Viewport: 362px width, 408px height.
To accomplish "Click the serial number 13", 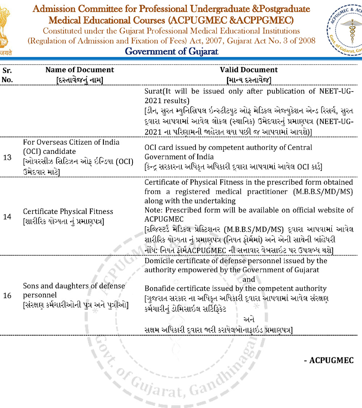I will [7, 157].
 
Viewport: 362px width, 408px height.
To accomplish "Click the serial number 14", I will [7, 216].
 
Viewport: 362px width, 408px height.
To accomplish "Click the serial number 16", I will [7, 295].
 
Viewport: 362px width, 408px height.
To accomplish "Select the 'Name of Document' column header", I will [80, 70].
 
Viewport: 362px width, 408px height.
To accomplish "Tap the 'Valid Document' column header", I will [249, 70].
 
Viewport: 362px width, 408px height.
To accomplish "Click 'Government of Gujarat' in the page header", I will [171, 51].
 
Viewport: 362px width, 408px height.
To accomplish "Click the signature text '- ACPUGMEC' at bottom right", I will [328, 360].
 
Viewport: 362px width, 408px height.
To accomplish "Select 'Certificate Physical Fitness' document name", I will [68, 211].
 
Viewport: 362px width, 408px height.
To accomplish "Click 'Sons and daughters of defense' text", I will [74, 286].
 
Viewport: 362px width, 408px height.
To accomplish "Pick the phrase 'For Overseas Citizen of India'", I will [71, 142].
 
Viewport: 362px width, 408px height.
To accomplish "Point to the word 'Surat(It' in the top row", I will [156, 91].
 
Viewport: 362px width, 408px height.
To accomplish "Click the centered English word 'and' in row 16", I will [249, 279].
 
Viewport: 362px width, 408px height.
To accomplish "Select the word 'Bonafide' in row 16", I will [158, 289].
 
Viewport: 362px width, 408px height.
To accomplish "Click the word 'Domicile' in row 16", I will [158, 261].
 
